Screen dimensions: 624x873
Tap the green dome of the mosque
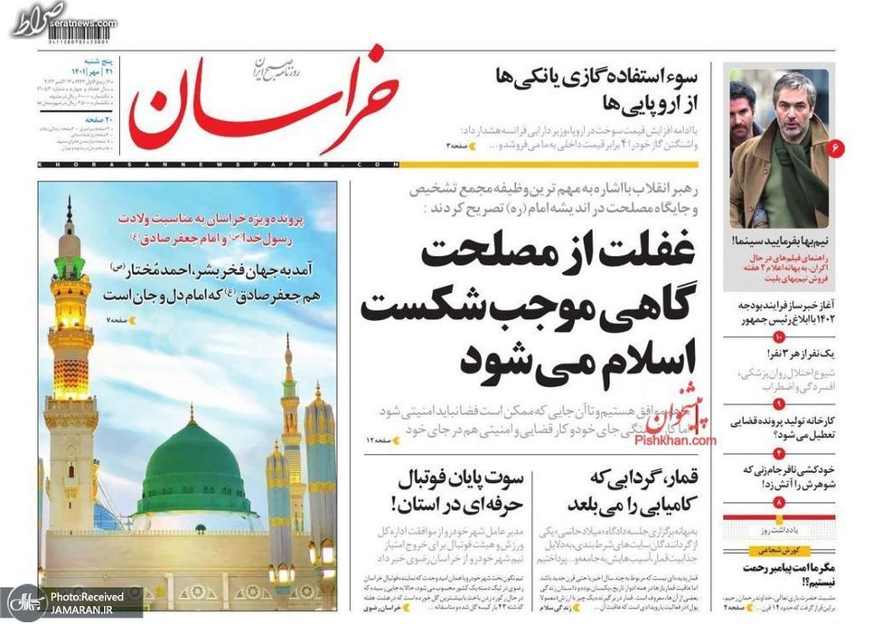pos(192,469)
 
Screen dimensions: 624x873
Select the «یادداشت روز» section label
pos(780,529)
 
